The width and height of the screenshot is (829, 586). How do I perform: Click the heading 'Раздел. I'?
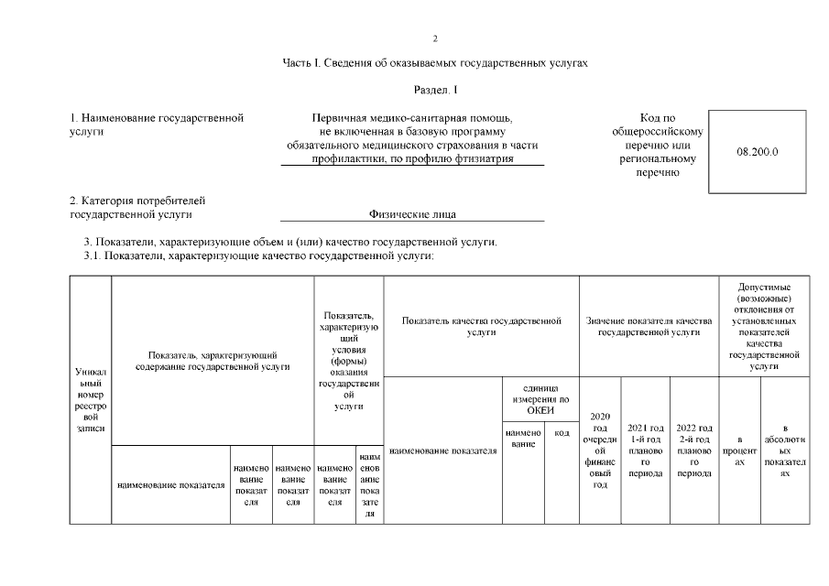(436, 89)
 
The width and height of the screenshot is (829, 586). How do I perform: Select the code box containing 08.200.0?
(757, 151)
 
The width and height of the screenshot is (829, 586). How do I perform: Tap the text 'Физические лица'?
(412, 214)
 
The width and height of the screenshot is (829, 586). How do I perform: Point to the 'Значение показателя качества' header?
(649, 327)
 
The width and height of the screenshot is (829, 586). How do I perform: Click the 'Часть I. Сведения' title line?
(436, 63)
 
